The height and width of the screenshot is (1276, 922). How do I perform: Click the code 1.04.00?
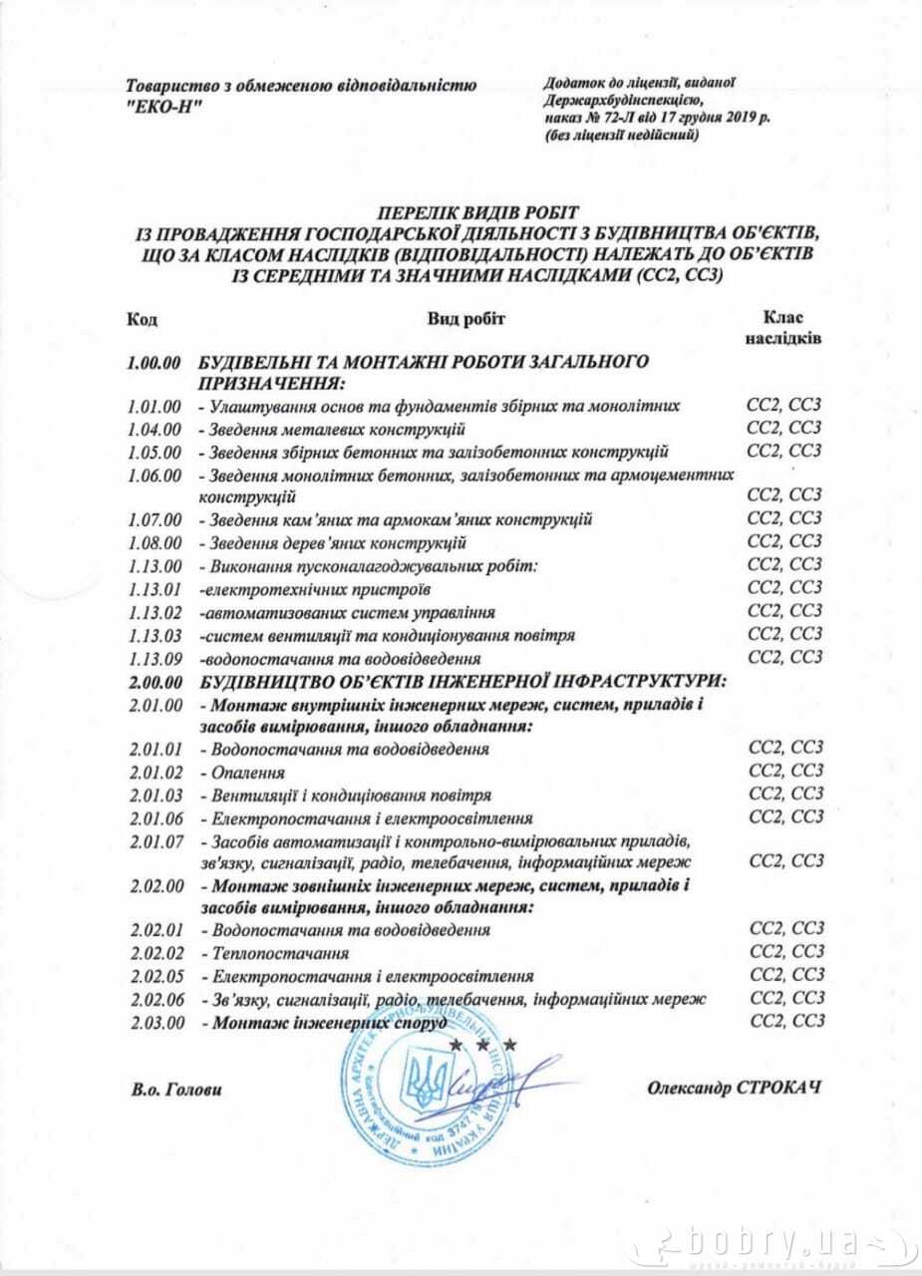154,430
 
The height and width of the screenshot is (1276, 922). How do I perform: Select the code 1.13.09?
154,658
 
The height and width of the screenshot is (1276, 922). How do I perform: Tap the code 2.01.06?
155,818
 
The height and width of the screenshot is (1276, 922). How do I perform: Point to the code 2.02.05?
155,976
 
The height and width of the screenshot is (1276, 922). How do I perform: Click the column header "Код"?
142,319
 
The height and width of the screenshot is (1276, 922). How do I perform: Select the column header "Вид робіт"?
466,318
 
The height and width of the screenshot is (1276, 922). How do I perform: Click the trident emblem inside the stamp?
416,1083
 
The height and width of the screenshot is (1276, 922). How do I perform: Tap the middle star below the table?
483,1045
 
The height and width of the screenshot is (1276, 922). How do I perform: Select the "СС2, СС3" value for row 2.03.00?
787,1021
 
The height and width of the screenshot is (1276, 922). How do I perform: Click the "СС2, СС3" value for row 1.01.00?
784,406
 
